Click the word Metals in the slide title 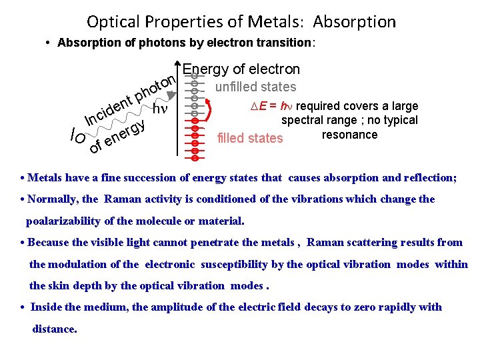click(x=275, y=21)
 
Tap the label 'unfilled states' click(x=255, y=87)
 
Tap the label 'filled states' click(x=250, y=139)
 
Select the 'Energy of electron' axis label click(x=241, y=69)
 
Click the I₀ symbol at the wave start click(x=77, y=137)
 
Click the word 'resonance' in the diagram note click(x=349, y=135)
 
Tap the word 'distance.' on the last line click(x=55, y=329)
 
